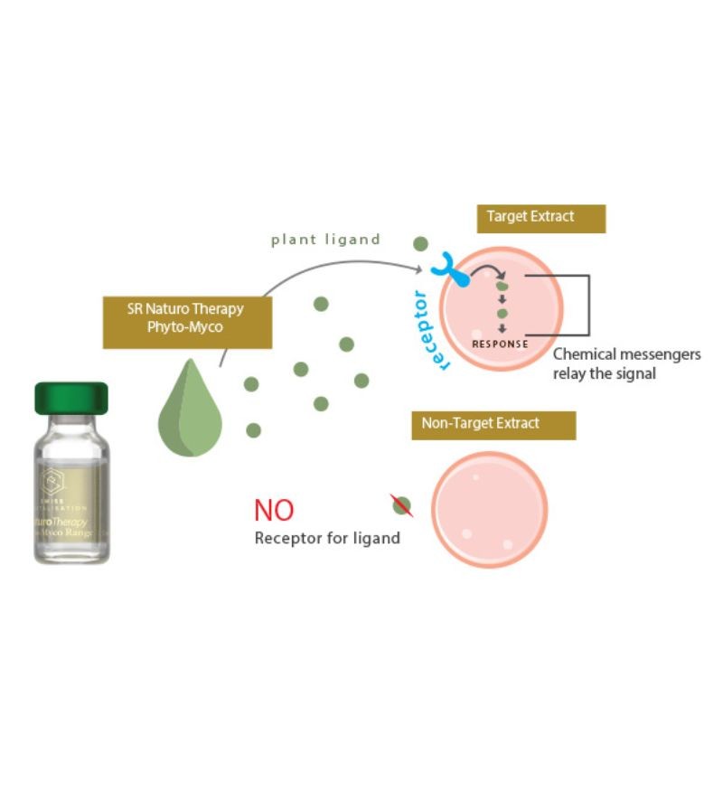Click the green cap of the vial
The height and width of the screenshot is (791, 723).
[71, 399]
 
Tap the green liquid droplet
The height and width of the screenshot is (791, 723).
[190, 408]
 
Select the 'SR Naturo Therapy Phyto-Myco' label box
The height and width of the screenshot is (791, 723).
[187, 319]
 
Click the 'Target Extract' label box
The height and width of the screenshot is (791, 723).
[540, 218]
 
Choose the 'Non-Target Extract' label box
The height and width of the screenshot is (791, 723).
[493, 424]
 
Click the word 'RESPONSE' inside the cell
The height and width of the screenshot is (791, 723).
[500, 344]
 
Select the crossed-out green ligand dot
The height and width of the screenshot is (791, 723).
[402, 506]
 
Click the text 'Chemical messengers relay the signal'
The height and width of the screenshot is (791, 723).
[625, 363]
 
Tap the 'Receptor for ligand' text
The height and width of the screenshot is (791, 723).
[327, 539]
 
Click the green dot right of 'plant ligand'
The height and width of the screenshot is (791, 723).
[420, 243]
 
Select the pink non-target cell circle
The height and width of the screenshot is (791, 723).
[489, 509]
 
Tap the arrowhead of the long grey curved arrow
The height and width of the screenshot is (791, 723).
[421, 268]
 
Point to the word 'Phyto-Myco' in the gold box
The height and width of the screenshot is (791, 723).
[186, 326]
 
